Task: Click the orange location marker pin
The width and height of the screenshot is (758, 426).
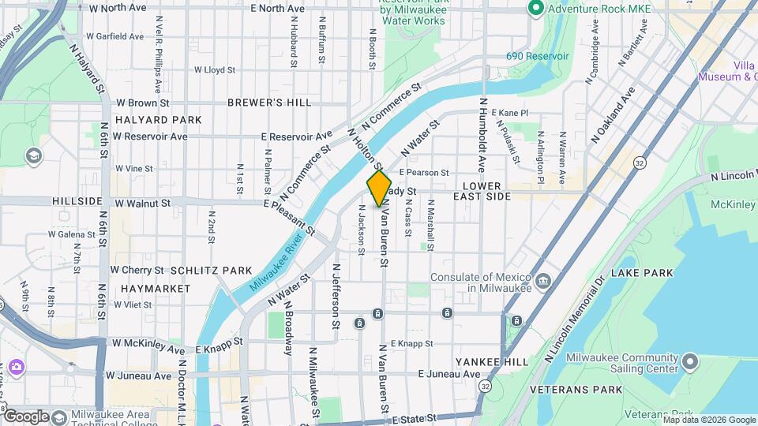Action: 380,188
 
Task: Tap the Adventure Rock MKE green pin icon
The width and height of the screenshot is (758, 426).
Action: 535,9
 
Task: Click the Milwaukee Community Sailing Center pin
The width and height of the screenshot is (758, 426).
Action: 690,362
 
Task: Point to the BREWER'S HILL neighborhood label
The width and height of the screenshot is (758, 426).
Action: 269,103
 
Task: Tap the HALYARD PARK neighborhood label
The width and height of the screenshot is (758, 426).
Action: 158,120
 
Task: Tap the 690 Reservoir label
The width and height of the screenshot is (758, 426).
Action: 537,57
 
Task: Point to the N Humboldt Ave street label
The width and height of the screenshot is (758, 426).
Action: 481,135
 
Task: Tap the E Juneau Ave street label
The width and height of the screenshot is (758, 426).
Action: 450,374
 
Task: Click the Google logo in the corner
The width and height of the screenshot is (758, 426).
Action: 27,416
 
